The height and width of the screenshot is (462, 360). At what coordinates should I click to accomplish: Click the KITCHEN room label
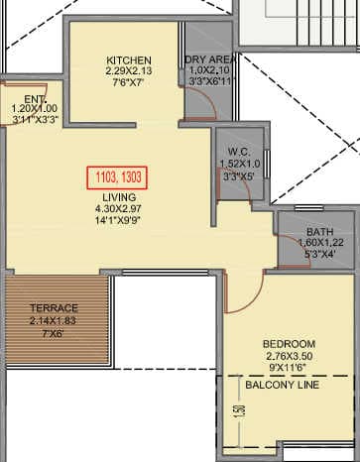[128, 59]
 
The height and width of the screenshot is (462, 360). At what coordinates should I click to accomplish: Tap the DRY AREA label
[208, 59]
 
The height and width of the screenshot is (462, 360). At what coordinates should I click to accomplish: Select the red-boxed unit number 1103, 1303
[117, 175]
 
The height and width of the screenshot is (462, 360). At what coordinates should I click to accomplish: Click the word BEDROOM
[289, 342]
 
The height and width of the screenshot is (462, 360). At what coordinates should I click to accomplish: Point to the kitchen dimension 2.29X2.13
[129, 70]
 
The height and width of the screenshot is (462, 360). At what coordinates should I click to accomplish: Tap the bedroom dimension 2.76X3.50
[289, 355]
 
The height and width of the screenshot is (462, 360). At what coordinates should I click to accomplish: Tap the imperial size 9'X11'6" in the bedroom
[289, 367]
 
